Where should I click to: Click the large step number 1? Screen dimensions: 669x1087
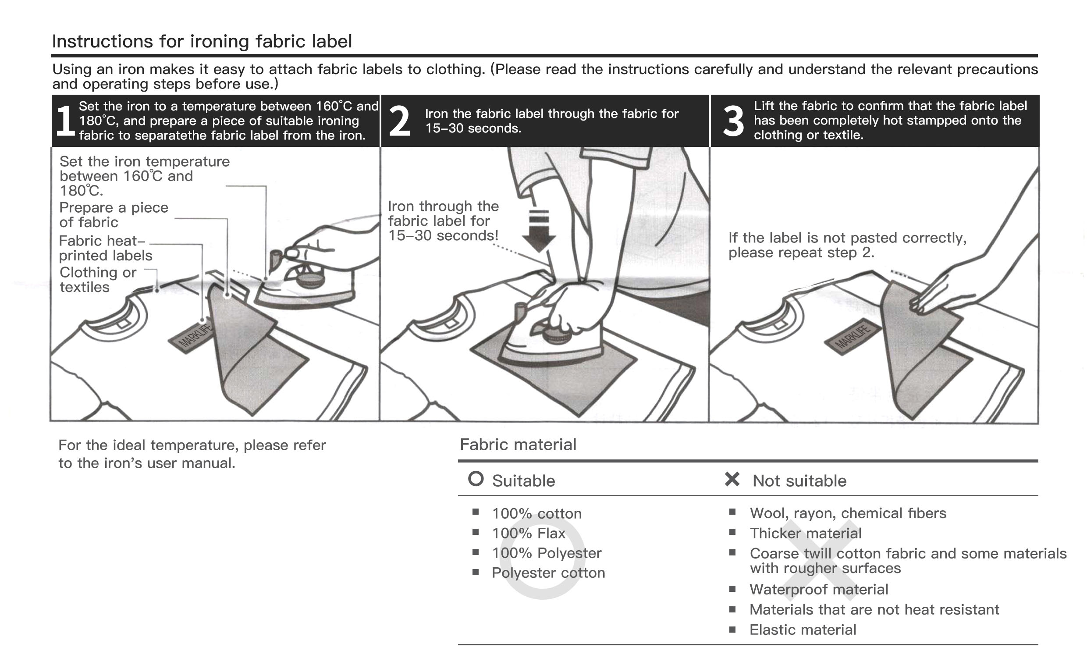65,121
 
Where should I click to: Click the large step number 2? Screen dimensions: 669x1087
399,121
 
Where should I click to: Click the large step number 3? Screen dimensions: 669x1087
733,121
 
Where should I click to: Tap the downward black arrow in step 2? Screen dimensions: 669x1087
539,231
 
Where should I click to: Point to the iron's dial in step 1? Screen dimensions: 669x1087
310,280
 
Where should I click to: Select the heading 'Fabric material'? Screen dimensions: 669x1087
518,445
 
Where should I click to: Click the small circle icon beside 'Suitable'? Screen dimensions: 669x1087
476,479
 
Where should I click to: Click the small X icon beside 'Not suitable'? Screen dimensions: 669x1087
732,479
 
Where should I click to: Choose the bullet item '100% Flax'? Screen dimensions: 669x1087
529,534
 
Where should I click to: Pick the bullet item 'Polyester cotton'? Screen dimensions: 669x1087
548,573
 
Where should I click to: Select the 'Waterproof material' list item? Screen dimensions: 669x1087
819,590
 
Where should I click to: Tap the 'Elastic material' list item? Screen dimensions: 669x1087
803,630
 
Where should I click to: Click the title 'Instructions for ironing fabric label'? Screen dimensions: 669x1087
202,42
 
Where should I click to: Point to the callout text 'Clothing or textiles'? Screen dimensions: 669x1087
98,280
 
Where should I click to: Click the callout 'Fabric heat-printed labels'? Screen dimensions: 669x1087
105,248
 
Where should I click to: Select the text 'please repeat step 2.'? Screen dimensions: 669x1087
801,253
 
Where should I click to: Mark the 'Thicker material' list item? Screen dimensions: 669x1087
805,534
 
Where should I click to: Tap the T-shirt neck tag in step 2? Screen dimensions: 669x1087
451,323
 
